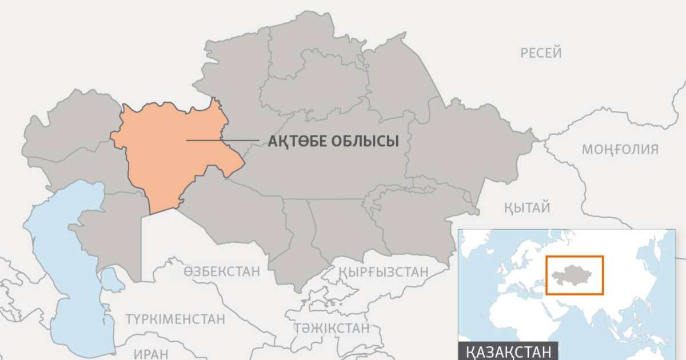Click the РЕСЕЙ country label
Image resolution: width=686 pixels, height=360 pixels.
point(541,53)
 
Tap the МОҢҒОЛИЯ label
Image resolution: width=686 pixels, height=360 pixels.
point(620,150)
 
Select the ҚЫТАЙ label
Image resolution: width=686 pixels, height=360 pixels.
point(527,207)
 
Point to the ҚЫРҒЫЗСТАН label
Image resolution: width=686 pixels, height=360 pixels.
point(382,272)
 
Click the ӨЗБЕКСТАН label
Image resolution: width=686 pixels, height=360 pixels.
point(222,271)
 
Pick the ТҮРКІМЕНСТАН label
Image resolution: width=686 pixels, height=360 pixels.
point(175,319)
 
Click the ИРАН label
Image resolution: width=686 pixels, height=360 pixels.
point(151,353)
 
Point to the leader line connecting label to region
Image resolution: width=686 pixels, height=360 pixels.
point(229,141)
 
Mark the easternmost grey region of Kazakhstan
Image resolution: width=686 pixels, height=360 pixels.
point(469,143)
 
